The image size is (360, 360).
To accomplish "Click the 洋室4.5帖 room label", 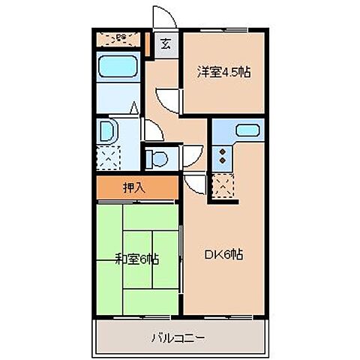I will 223,73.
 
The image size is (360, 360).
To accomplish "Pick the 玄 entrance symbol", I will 165,43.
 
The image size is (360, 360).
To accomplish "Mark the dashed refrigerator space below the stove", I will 223,185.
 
